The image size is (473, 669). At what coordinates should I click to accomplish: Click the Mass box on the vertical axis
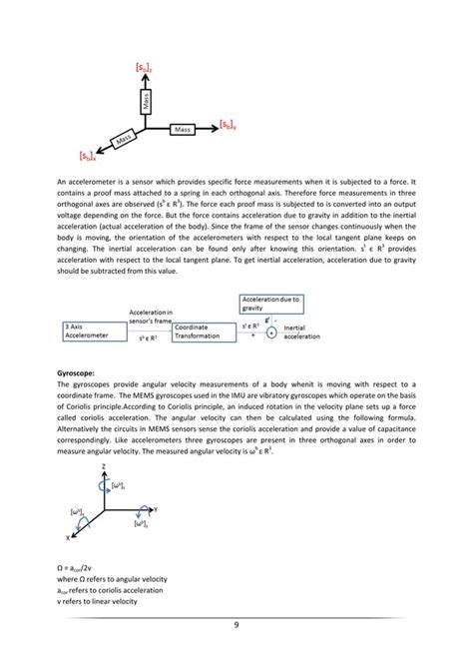pos(147,101)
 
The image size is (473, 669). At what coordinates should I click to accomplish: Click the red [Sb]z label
pos(143,67)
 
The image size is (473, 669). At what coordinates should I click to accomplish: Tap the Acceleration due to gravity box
pos(270,303)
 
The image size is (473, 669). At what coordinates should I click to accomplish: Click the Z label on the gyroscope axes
pos(102,466)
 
